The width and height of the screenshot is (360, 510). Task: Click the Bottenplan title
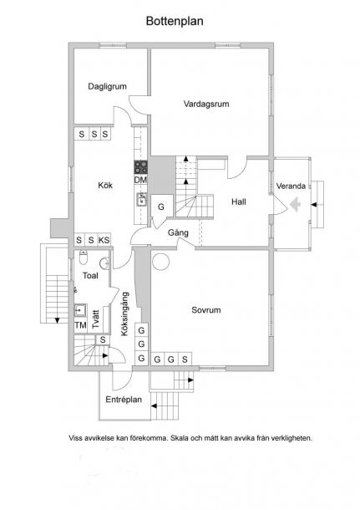175,21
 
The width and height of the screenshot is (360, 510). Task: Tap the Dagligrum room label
107,86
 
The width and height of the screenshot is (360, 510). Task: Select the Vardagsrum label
206,104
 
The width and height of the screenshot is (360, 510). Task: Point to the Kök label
105,186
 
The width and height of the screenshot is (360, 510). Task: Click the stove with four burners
140,167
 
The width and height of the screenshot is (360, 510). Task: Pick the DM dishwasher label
140,180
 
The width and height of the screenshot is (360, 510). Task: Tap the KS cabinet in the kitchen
104,240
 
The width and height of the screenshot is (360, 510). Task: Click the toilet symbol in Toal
84,258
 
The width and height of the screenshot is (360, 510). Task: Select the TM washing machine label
80,325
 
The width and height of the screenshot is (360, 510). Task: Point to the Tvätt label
95,319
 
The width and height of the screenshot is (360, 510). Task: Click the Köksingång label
124,314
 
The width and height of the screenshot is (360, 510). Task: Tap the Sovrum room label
206,310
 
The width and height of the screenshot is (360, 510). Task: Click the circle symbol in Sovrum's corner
161,262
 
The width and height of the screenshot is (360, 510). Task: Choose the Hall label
239,202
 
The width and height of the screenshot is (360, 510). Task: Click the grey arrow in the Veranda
295,205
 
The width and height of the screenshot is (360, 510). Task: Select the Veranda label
291,186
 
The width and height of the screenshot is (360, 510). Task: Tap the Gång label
178,233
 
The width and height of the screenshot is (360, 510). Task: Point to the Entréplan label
124,400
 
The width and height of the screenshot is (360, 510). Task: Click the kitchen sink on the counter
141,199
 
